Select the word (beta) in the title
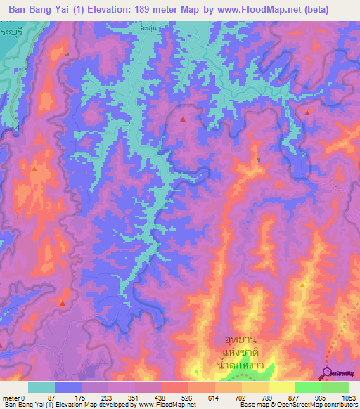(x=335, y=10)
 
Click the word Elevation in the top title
(x=112, y=10)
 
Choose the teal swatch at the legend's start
(x=41, y=387)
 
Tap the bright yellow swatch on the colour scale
(x=282, y=387)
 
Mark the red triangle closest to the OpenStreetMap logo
(x=302, y=285)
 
